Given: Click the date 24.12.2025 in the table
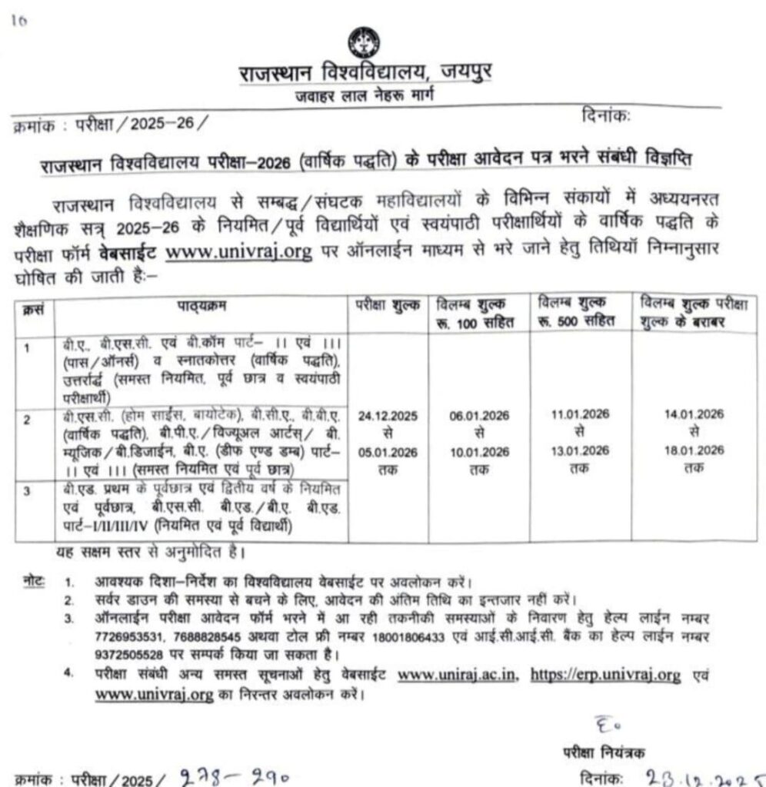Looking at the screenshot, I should [388, 415].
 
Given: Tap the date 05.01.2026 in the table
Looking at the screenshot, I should [388, 451].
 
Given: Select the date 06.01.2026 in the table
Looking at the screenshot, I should [479, 415].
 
